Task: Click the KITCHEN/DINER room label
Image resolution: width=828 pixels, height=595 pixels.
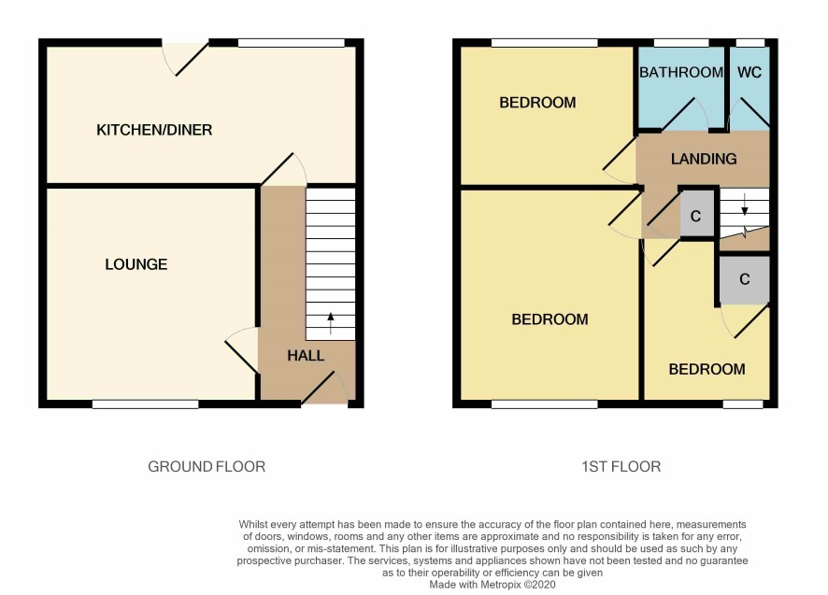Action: pos(154,130)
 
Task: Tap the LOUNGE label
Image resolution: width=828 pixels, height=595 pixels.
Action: pos(136,264)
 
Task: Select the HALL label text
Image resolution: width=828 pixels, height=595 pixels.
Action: pos(306,356)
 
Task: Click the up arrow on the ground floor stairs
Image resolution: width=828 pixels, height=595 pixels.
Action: pos(331,323)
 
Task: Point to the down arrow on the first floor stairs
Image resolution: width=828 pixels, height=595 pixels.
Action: pos(745,205)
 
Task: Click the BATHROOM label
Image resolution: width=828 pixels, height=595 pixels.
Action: pos(681,72)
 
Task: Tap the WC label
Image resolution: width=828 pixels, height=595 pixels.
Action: pos(749,72)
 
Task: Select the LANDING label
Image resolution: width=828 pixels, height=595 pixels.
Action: pos(704,159)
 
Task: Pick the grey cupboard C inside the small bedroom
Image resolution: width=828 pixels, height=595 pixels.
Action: pos(745,280)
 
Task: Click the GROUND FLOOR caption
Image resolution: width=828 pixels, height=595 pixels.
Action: pos(207,467)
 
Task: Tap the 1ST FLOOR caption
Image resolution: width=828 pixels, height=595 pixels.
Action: pos(621,467)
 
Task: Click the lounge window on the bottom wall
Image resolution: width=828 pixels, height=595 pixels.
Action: pos(146,404)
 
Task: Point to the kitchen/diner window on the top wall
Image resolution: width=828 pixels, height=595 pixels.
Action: pos(291,43)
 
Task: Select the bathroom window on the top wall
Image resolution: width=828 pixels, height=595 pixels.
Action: pos(681,43)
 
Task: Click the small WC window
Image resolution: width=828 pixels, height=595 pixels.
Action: pos(750,43)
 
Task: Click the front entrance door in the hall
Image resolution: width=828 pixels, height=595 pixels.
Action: pos(324,389)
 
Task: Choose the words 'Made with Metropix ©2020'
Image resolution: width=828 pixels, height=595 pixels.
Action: pos(493,585)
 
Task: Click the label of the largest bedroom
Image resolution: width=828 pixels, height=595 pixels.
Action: pos(550,319)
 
